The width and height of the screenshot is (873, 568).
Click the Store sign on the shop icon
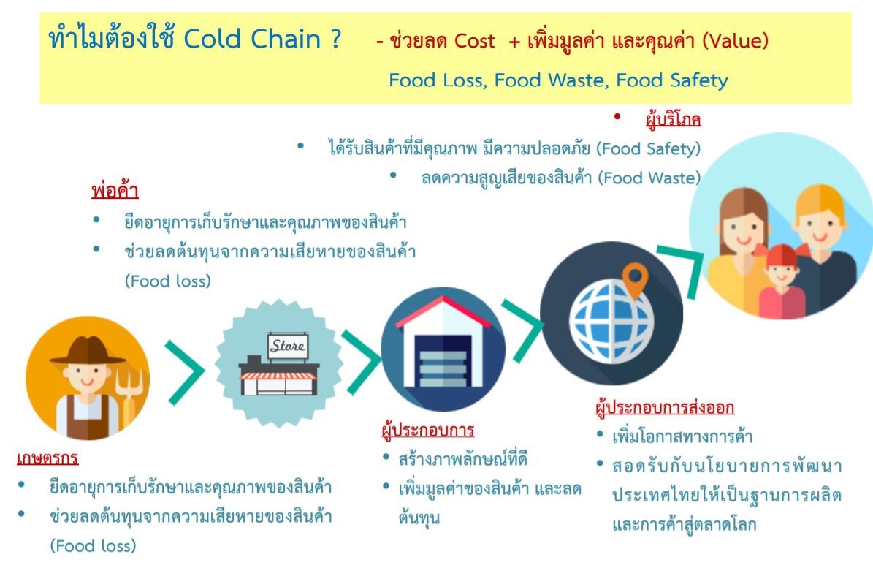coord(287,344)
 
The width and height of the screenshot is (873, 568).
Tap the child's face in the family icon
coord(782,274)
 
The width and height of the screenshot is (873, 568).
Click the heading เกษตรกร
coord(47,459)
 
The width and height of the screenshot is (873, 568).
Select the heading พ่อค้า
coord(115,192)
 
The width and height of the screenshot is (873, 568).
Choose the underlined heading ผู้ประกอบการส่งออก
coord(665,407)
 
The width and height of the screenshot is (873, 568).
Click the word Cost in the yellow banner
coord(475,41)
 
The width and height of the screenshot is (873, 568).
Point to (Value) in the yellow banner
coord(735,41)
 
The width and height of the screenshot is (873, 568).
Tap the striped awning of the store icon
coord(278,376)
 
